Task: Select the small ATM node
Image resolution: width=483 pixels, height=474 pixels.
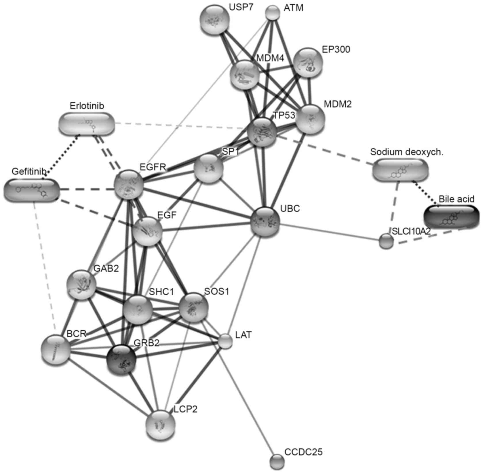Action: click(272, 13)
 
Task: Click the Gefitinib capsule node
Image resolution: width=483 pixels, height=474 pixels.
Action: click(32, 190)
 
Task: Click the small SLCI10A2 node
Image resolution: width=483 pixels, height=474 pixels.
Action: click(386, 241)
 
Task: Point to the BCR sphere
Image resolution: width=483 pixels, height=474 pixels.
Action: click(56, 349)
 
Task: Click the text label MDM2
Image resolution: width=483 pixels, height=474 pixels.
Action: click(338, 104)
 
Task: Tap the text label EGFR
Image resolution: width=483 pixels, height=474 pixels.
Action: click(153, 167)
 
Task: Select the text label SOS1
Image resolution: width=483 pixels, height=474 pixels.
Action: click(216, 292)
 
